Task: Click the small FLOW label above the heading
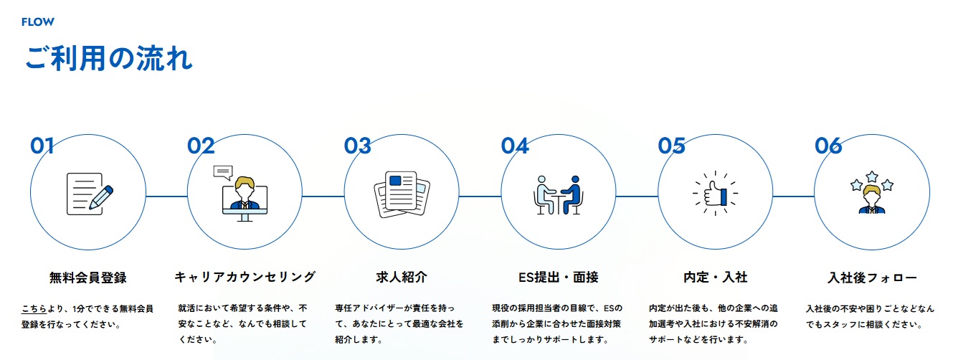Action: pyautogui.click(x=38, y=22)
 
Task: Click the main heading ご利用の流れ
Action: pyautogui.click(x=109, y=59)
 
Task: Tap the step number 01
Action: pyautogui.click(x=42, y=146)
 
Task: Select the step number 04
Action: pyautogui.click(x=514, y=146)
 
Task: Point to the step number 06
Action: pyautogui.click(x=828, y=146)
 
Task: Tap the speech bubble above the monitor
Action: pyautogui.click(x=223, y=172)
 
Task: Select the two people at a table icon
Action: pyautogui.click(x=559, y=194)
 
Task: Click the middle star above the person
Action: pyautogui.click(x=872, y=176)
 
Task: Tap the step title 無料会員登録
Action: pyautogui.click(x=87, y=277)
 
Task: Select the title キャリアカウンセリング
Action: pyautogui.click(x=245, y=277)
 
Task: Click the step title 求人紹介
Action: pyautogui.click(x=402, y=277)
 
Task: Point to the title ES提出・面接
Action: pyautogui.click(x=558, y=277)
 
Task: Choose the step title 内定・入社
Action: pyautogui.click(x=716, y=277)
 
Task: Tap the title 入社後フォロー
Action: pyautogui.click(x=872, y=277)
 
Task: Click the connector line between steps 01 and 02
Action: pyautogui.click(x=166, y=196)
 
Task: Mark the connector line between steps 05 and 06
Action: pyautogui.click(x=794, y=196)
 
